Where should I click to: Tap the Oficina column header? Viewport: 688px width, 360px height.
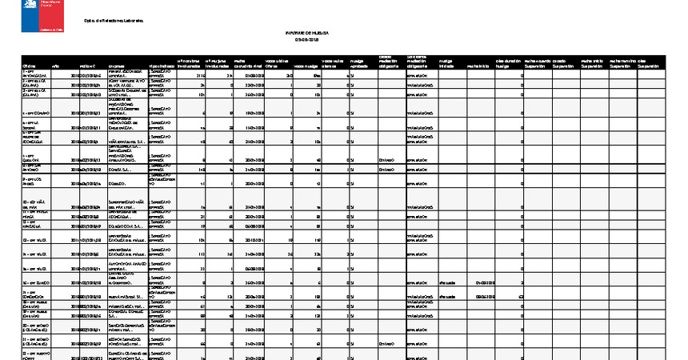click(30, 66)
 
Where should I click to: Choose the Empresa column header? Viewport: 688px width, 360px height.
click(117, 66)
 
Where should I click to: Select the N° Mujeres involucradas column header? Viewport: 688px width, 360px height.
click(218, 63)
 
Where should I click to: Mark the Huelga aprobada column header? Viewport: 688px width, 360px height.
click(358, 63)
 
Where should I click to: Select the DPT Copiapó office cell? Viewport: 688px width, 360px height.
click(37, 114)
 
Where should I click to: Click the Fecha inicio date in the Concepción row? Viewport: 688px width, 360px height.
click(486, 295)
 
